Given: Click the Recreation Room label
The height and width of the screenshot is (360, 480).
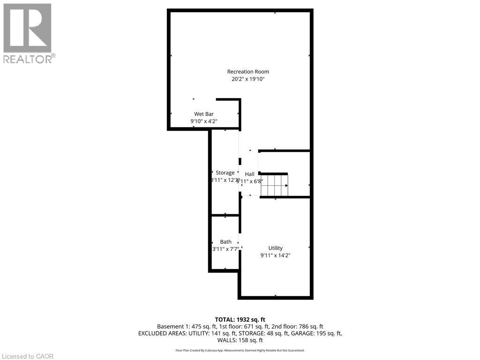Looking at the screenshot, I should pyautogui.click(x=248, y=72).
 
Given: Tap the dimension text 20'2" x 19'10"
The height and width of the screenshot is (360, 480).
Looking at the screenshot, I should pyautogui.click(x=248, y=79).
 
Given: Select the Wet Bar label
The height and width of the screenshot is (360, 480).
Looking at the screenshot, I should pyautogui.click(x=204, y=114).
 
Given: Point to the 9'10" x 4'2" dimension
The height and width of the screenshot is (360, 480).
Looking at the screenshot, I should pyautogui.click(x=204, y=121).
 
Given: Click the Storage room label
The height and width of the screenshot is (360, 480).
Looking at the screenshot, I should pyautogui.click(x=225, y=173).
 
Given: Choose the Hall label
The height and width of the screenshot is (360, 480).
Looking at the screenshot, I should pyautogui.click(x=249, y=174).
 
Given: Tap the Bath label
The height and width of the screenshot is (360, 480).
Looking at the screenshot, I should pyautogui.click(x=225, y=242).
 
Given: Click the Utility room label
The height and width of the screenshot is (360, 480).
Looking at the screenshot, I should pyautogui.click(x=275, y=248).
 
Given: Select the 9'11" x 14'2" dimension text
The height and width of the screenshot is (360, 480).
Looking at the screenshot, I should pyautogui.click(x=275, y=255).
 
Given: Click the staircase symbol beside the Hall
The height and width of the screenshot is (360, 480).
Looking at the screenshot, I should pyautogui.click(x=274, y=185).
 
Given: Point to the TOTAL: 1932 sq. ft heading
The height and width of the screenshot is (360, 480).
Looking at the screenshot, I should pyautogui.click(x=240, y=319).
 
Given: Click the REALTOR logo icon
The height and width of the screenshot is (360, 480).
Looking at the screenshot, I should pyautogui.click(x=27, y=28).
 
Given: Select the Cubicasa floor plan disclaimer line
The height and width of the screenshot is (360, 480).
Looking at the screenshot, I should pyautogui.click(x=240, y=350).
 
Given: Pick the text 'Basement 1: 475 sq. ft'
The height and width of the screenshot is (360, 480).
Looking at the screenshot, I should pyautogui.click(x=185, y=326).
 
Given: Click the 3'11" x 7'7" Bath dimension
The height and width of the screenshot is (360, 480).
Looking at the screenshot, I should pyautogui.click(x=225, y=249).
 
